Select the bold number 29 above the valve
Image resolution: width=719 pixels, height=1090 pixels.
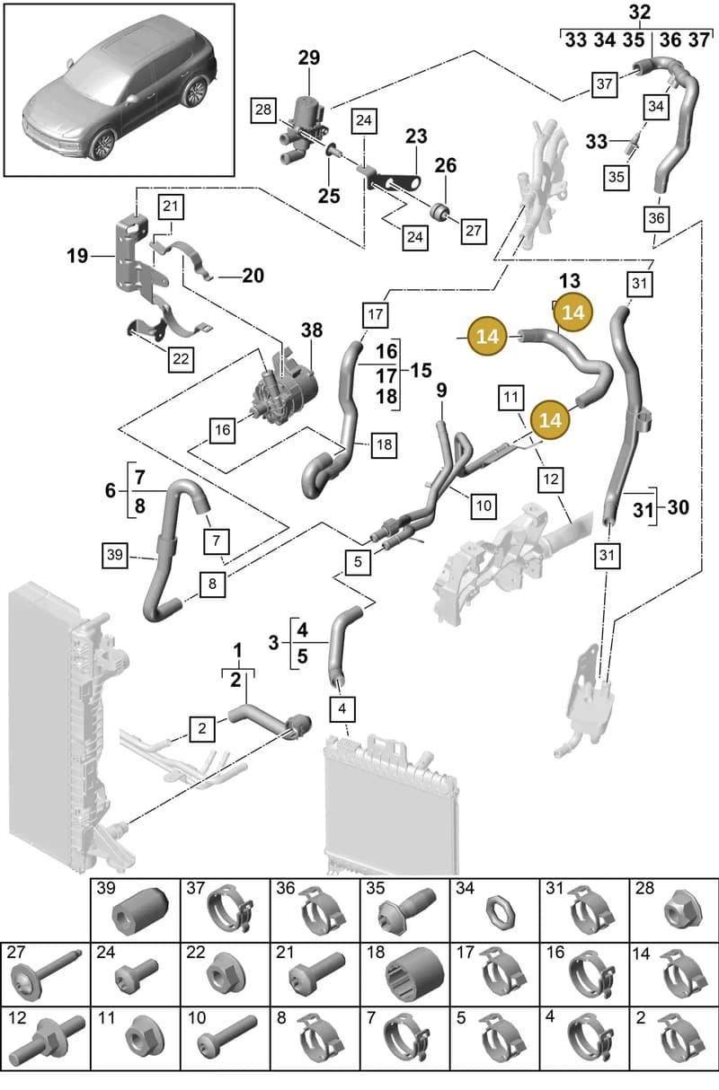(309, 57)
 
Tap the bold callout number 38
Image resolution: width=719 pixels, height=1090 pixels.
(312, 330)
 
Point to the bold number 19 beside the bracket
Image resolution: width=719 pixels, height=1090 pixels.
(77, 256)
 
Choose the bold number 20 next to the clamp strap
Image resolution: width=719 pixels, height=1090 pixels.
(253, 276)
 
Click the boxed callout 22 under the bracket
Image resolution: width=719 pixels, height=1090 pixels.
(181, 359)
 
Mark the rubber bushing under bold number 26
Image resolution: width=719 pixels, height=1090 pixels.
(439, 210)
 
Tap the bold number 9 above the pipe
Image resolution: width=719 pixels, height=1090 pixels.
(441, 391)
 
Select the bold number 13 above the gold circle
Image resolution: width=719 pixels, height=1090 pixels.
(570, 281)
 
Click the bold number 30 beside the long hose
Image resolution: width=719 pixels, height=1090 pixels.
(678, 507)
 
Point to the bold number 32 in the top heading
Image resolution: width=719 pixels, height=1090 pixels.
(640, 13)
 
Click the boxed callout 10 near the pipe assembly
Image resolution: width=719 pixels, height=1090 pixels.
(484, 505)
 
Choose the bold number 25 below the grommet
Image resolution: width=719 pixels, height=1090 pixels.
(329, 196)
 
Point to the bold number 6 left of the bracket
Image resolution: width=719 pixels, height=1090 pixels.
(111, 490)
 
